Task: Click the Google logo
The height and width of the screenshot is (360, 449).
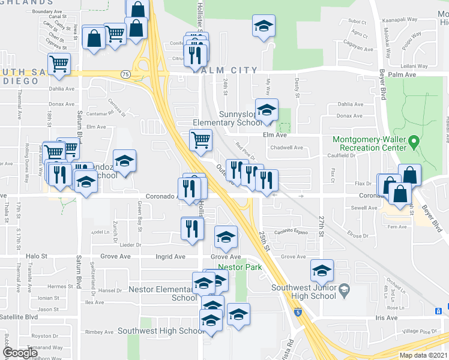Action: (20, 353)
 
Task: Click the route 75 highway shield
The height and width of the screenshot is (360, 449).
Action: (125, 74)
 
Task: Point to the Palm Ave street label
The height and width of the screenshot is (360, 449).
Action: (402, 75)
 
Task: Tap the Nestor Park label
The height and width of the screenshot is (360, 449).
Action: (240, 267)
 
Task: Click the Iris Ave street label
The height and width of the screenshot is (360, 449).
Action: (387, 317)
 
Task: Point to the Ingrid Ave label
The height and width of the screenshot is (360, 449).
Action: (171, 257)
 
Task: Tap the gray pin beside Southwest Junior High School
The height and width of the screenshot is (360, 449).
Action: (344, 289)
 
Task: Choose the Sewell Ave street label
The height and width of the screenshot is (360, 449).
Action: (364, 208)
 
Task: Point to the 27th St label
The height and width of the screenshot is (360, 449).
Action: (321, 228)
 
